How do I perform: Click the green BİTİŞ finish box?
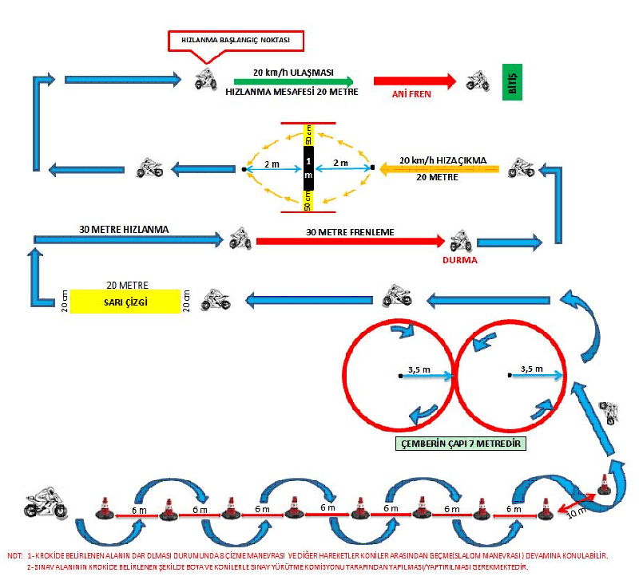(511, 81)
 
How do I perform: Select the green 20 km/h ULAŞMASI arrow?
(293, 81)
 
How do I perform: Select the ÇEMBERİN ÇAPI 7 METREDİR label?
(461, 444)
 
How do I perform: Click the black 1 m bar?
(308, 168)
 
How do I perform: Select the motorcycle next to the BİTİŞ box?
(478, 80)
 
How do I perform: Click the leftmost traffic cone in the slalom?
(104, 509)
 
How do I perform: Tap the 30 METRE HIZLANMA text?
(124, 229)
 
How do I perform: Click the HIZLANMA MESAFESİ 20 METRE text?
(292, 93)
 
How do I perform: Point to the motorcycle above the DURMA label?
(459, 240)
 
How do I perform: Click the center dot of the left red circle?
(399, 375)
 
